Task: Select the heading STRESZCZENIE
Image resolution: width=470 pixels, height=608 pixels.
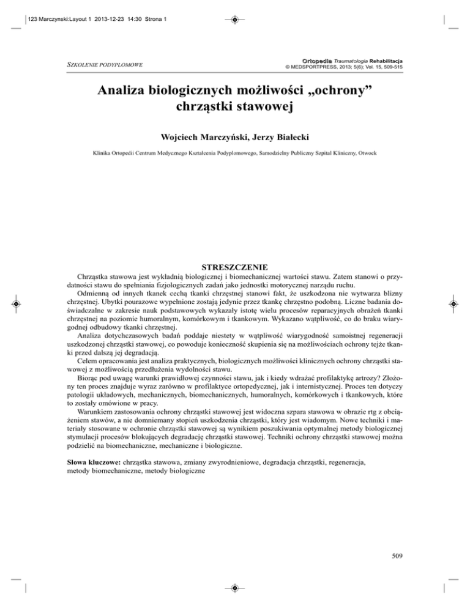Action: [234, 266]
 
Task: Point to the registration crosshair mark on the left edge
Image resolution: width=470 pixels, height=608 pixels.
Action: [17, 304]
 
